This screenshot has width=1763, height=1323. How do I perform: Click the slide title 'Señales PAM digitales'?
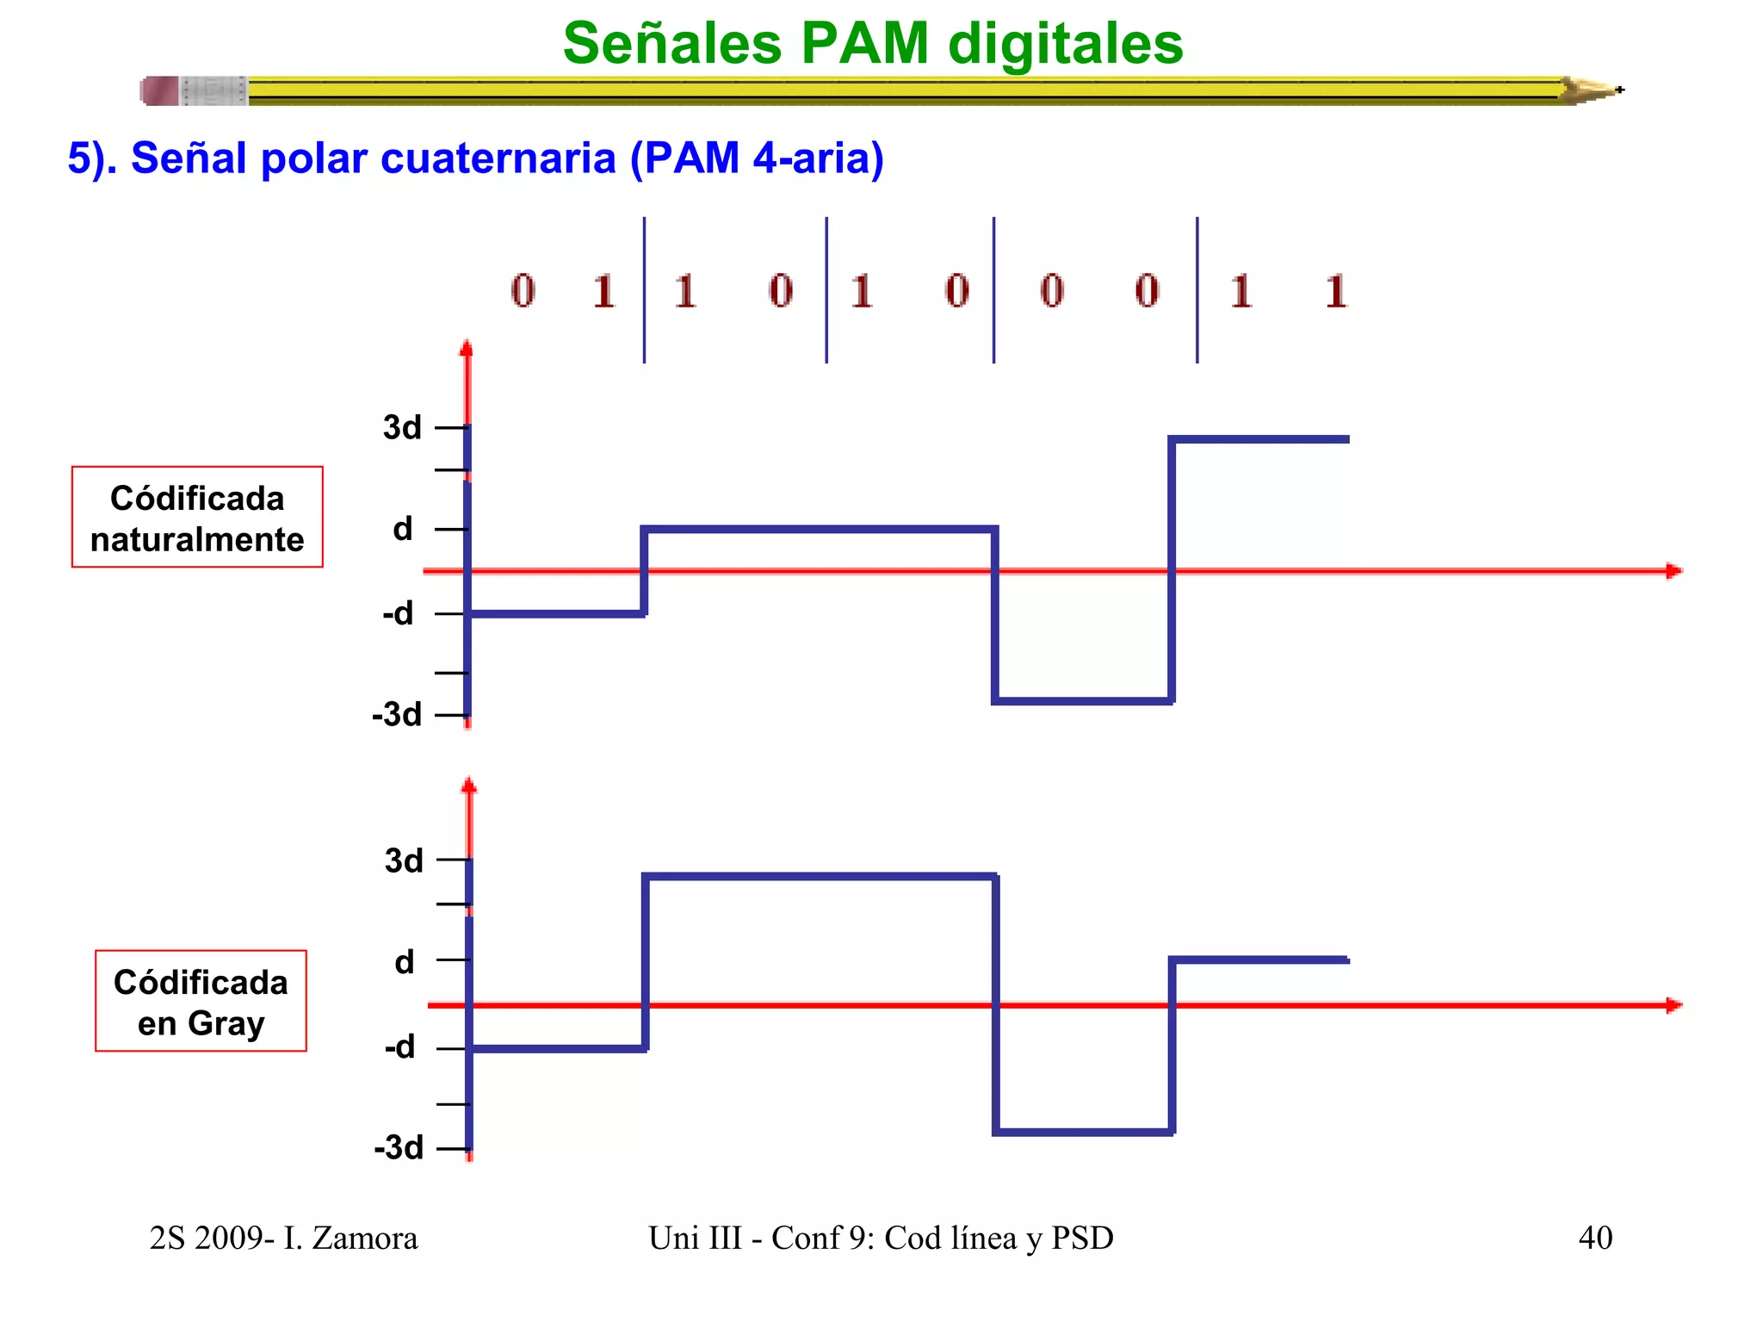point(873,43)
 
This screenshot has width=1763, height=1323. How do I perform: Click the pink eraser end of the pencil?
point(160,90)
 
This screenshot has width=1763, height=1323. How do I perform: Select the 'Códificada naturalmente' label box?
point(197,518)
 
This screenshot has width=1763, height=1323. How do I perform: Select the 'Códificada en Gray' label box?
point(201,1002)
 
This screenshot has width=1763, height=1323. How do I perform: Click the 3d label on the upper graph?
point(402,427)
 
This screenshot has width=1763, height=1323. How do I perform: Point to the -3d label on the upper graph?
point(397,715)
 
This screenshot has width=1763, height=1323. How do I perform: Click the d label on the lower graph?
point(405,962)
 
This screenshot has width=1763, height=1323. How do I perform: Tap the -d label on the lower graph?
point(400,1047)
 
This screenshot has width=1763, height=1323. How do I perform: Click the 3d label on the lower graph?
point(404,860)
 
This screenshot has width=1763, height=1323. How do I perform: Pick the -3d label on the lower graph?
point(399,1148)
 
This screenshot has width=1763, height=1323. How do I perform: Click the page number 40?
point(1595,1239)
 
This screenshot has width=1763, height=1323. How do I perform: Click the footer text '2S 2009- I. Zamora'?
point(283,1239)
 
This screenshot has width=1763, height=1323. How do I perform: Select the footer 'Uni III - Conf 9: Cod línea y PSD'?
point(881,1239)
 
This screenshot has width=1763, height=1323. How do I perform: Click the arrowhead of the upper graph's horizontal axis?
point(1673,571)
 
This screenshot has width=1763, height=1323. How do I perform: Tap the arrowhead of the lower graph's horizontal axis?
point(1673,1005)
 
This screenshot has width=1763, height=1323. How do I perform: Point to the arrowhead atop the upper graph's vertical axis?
point(467,348)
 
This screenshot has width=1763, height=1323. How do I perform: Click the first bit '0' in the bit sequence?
point(523,291)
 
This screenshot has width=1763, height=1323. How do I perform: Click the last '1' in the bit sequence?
point(1335,291)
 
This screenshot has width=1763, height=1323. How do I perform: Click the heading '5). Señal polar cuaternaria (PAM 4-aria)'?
point(476,158)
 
